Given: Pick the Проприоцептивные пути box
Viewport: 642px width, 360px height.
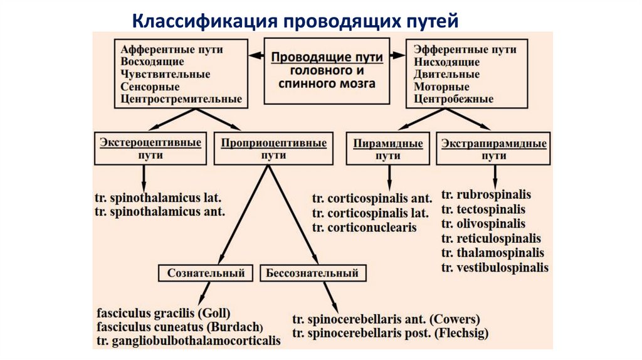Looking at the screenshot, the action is tap(273, 149).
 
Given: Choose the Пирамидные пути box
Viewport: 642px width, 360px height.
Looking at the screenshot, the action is tap(388, 149).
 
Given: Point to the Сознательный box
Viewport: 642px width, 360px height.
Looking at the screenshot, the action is tap(206, 273).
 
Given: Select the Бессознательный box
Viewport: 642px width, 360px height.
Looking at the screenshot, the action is tap(312, 273).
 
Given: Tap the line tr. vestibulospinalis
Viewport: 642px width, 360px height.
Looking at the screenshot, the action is tap(495, 268).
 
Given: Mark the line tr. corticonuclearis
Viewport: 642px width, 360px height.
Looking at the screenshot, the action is tap(364, 228).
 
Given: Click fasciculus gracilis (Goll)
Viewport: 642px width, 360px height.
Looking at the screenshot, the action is tap(164, 312).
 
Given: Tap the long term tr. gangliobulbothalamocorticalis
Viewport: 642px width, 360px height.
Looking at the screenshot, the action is tap(189, 341).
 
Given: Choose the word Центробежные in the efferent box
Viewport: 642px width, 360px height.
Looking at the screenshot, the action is tap(453, 99).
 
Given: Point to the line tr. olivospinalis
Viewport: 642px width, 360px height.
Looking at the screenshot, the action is tap(483, 224).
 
